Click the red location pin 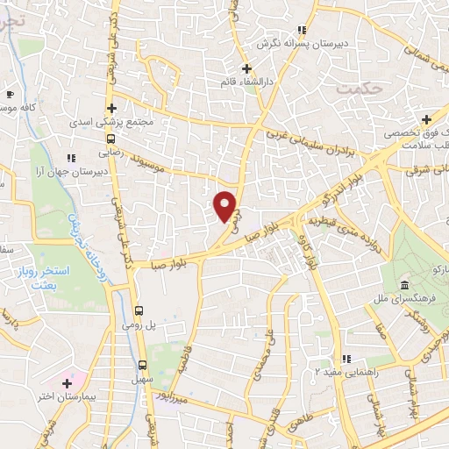tap(226, 205)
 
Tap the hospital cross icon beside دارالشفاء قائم tap(247, 68)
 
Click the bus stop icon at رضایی tap(110, 138)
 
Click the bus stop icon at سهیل tap(143, 365)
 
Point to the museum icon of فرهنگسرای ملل tap(404, 288)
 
